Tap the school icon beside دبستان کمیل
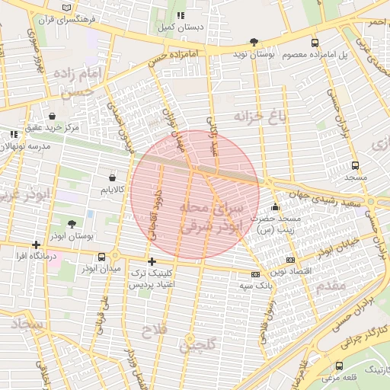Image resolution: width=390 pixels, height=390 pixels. point(181,15)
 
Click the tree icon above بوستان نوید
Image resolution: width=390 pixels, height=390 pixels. point(253,43)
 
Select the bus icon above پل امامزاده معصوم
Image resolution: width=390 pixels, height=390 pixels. point(315,43)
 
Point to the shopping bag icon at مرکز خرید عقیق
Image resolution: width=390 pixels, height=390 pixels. point(51,117)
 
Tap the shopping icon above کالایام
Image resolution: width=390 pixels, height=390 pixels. point(113,177)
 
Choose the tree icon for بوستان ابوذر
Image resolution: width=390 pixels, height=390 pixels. point(72,224)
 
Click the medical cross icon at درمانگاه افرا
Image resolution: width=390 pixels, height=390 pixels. point(36,245)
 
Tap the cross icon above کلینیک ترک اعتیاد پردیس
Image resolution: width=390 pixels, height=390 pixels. point(152,261)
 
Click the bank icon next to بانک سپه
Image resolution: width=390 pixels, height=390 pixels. point(254,274)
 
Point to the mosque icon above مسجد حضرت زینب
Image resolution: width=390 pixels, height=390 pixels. point(275,206)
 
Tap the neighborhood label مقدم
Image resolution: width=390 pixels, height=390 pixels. point(334,284)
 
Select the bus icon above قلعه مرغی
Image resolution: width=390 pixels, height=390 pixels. point(338,366)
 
